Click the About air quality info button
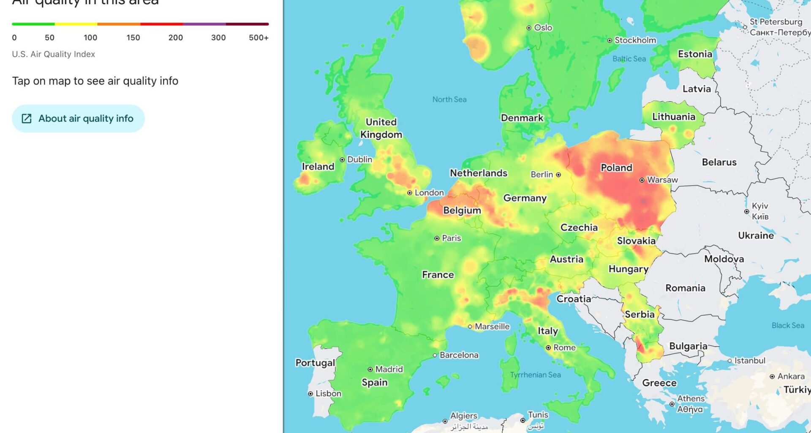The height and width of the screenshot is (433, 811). pos(78,118)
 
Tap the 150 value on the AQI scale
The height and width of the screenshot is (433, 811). pos(133,38)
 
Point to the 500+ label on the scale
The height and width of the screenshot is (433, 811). pos(259,38)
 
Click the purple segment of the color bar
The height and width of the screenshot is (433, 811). pos(204,24)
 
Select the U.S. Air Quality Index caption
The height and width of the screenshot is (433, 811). pos(54,54)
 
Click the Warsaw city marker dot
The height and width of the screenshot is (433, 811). pos(642,180)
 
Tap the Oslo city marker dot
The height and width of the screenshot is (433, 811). pos(529,28)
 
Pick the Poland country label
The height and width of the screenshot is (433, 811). pos(616,168)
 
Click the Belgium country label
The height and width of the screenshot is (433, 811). pos(462,211)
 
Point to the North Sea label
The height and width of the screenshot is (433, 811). pos(449,99)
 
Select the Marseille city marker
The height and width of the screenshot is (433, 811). pos(470,326)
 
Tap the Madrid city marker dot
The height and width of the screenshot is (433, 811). pos(370,370)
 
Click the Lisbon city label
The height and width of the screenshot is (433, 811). pos(328,394)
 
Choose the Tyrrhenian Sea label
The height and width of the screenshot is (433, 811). pos(535,375)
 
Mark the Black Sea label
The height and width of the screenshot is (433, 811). pos(788,325)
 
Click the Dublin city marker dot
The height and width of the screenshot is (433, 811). pos(342,160)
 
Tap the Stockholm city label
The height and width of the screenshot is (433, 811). pos(635,40)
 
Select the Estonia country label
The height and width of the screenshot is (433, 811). pos(695,54)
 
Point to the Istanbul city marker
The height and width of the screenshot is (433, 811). pos(729,361)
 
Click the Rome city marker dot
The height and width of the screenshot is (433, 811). pos(548,348)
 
